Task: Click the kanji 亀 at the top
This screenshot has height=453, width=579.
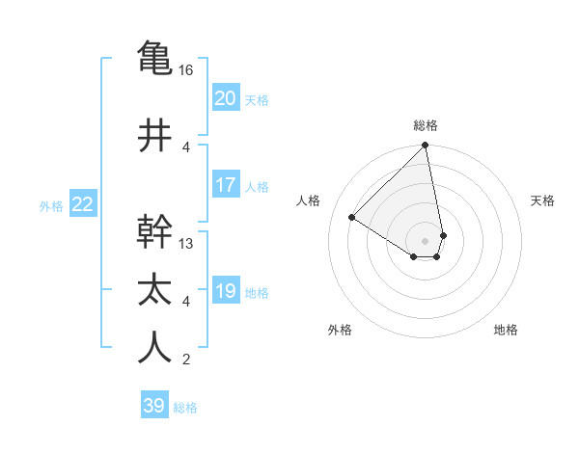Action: (x=154, y=57)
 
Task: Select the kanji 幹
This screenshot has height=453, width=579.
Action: (x=154, y=231)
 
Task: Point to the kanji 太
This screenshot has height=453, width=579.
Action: (x=154, y=289)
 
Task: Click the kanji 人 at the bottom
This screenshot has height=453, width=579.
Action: (x=154, y=347)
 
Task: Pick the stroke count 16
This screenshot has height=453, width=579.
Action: (x=186, y=70)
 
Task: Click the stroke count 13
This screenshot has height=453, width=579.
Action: (x=186, y=244)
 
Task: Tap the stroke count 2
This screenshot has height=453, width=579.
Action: (x=186, y=360)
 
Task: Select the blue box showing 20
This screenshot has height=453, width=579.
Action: (x=226, y=97)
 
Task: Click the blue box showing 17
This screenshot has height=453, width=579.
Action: (x=226, y=185)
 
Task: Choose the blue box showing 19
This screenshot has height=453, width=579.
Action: (x=226, y=291)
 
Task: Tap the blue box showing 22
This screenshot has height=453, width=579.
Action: (x=82, y=203)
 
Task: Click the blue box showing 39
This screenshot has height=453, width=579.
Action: (x=154, y=406)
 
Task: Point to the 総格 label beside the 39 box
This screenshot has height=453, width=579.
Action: (x=185, y=408)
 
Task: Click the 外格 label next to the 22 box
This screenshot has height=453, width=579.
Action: (x=51, y=205)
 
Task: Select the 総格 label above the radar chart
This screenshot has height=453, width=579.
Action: (x=426, y=125)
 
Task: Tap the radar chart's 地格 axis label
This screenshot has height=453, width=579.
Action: (x=506, y=330)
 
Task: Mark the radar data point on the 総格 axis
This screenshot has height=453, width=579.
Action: (x=426, y=147)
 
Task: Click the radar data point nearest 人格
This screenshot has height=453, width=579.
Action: (x=353, y=218)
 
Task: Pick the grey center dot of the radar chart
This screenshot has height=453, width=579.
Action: (x=426, y=240)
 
